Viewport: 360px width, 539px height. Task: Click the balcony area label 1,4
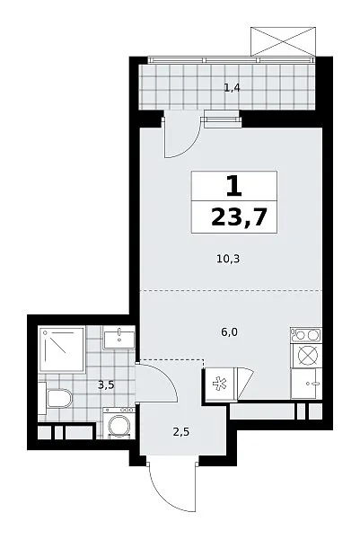coord(232,88)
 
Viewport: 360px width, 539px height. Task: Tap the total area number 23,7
coord(239,216)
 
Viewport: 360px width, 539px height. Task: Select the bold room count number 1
coord(234,186)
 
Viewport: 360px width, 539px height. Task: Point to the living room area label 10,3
coord(228,259)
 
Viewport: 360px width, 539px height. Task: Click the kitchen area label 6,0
coord(230,332)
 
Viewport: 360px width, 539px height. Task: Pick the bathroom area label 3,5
coord(106,385)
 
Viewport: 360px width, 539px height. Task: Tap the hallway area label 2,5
coord(181,432)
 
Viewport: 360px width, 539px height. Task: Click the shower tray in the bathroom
coord(62,350)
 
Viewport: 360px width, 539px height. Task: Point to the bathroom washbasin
coord(119,337)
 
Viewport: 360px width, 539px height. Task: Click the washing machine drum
coord(119,426)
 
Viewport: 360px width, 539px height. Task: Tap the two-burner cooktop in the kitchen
coord(306,335)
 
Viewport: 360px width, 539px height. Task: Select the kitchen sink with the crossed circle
coord(306,355)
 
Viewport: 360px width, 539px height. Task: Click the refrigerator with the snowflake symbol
coord(220,384)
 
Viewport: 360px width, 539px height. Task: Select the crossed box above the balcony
coord(283,41)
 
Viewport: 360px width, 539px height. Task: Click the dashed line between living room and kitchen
coord(231,291)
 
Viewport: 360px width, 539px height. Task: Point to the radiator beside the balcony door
coord(222,119)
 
